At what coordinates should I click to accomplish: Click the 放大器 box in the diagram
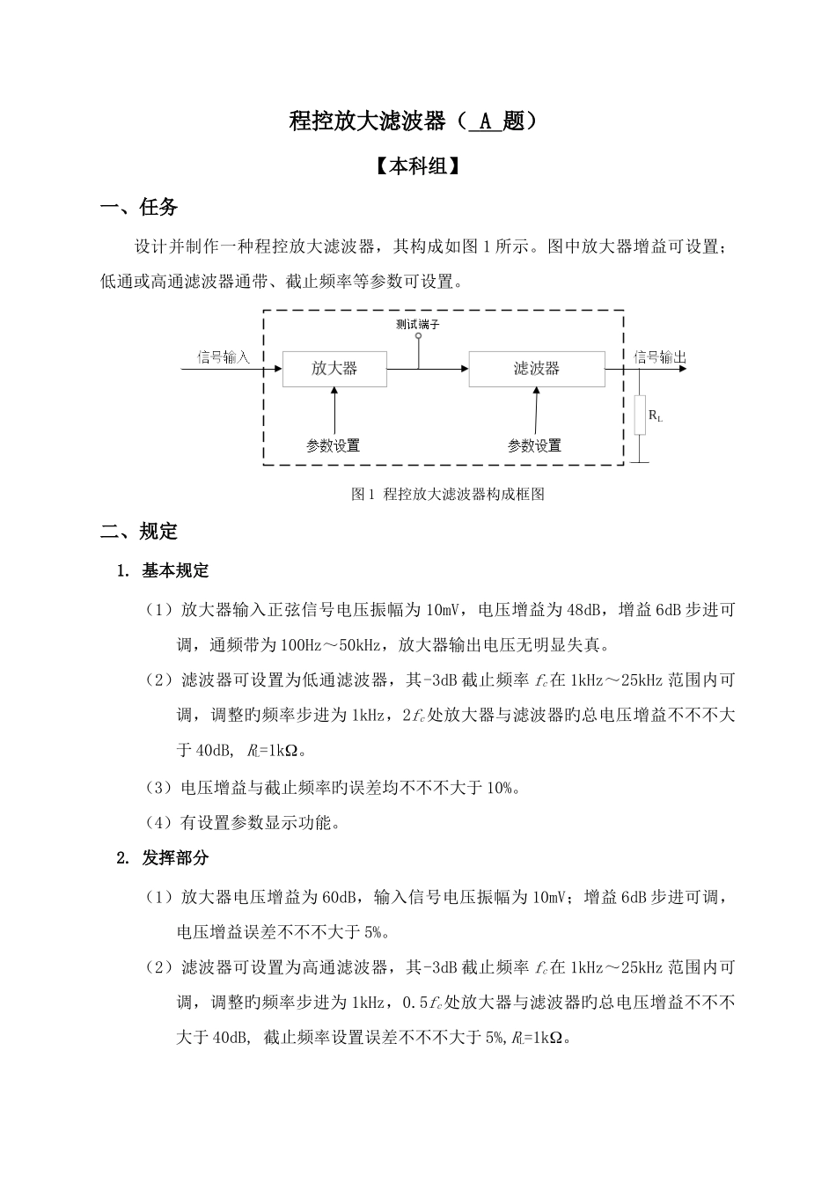pos(334,368)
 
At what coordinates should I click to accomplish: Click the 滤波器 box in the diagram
pos(536,368)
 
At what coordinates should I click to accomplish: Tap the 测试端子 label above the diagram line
pos(418,324)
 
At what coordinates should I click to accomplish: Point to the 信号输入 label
pos(224,356)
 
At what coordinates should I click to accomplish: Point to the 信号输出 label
pos(660,356)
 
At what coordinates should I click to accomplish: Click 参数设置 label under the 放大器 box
pos(333,445)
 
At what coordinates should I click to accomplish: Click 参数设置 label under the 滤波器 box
pos(534,445)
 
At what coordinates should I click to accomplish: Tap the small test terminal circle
pos(418,336)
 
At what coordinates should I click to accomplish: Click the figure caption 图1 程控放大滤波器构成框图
pos(448,494)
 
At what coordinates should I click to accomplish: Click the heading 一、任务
pos(140,208)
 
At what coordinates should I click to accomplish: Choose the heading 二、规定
pos(140,532)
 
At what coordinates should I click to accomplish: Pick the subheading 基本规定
pos(175,570)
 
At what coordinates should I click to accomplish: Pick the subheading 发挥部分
pos(175,858)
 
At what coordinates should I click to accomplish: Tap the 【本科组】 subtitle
pos(418,166)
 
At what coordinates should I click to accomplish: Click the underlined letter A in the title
pos(484,122)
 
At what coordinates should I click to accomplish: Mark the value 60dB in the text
pos(339,897)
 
